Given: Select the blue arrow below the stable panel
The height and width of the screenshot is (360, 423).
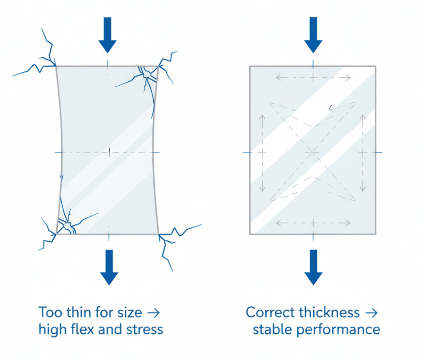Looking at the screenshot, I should point(313,266).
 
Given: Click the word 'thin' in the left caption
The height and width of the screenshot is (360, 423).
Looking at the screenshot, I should point(73,312).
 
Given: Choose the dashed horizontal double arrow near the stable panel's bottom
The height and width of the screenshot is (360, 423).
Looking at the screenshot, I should point(313,222).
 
